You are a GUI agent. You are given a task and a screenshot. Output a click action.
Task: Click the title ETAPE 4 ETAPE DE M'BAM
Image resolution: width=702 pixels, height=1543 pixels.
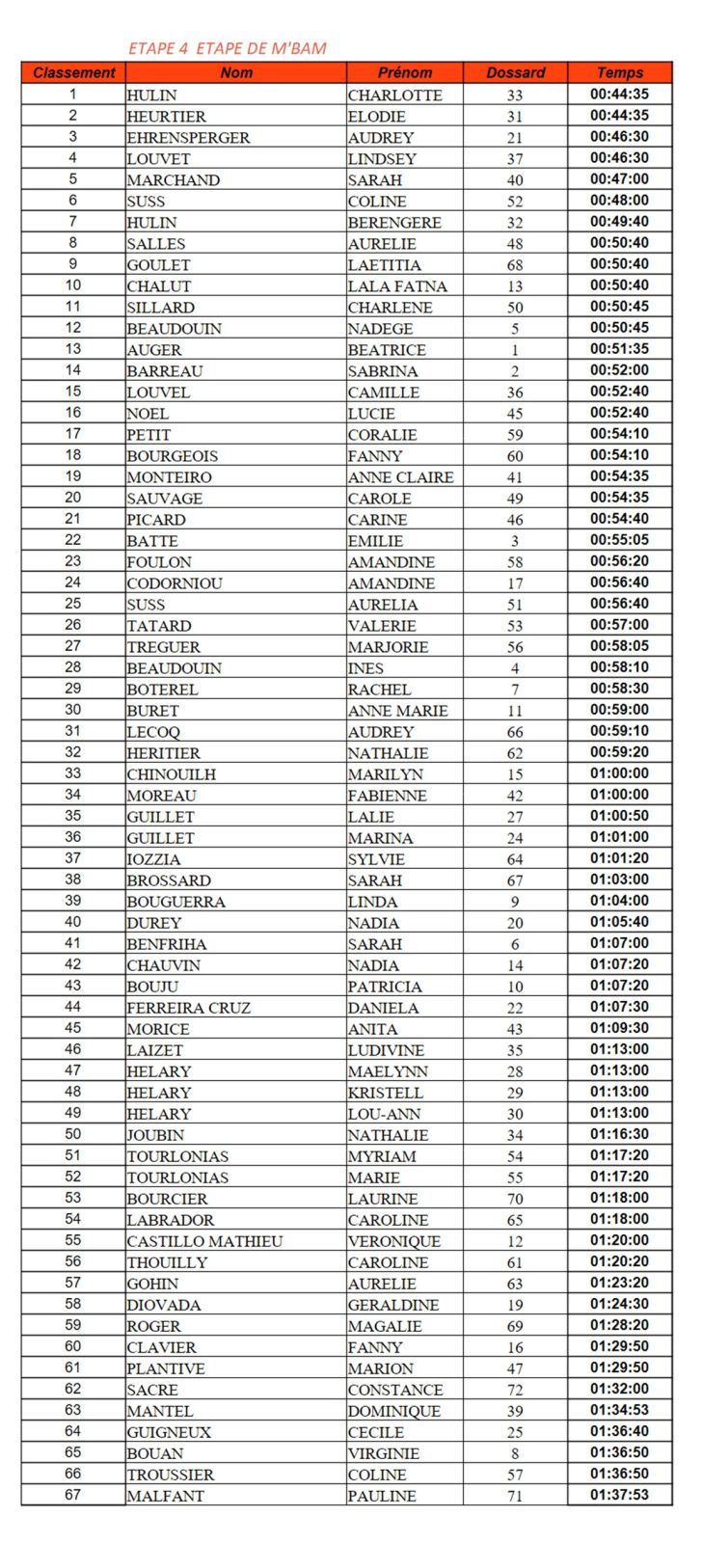(227, 48)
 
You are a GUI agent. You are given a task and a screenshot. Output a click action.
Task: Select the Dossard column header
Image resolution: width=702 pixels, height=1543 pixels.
(515, 72)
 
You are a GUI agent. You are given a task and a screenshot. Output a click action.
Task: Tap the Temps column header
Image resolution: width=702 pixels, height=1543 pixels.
(619, 72)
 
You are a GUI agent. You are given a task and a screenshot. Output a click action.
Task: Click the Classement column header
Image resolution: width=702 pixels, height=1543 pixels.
(73, 72)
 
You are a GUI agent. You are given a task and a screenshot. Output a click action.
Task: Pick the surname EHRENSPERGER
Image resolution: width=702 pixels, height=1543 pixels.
(188, 138)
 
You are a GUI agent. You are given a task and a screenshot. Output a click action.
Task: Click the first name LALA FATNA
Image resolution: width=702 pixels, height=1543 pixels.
(397, 286)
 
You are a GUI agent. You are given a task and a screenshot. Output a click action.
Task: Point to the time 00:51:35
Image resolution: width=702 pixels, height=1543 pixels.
(619, 349)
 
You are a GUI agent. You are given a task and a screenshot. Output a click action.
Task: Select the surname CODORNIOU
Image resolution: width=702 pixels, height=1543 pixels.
(175, 583)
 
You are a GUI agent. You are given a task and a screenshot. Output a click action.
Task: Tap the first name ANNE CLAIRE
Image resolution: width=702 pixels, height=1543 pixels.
(400, 477)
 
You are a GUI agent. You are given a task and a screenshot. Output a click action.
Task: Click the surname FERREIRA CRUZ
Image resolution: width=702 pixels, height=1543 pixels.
(188, 1008)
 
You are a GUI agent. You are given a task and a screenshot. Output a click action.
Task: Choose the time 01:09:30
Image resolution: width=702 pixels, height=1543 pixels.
(619, 1028)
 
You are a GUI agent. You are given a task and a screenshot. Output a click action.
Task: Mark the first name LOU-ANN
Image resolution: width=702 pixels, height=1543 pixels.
(384, 1114)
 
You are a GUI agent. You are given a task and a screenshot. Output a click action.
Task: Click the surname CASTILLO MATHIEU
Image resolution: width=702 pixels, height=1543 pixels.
(204, 1241)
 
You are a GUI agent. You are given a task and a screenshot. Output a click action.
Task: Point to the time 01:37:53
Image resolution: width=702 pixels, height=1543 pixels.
(619, 1495)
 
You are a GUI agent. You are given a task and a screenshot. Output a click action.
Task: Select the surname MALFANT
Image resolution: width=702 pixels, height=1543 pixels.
(165, 1496)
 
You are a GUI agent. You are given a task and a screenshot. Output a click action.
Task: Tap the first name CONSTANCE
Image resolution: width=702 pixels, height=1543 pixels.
(395, 1390)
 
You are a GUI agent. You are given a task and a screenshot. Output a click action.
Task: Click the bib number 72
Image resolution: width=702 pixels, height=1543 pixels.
(515, 1390)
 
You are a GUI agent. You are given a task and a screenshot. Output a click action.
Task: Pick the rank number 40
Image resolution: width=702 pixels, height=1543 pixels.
(73, 922)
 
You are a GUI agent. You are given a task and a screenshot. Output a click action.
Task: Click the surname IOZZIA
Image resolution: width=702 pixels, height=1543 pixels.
(153, 859)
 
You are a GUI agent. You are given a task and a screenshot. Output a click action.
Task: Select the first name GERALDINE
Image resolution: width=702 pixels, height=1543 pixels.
(393, 1305)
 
